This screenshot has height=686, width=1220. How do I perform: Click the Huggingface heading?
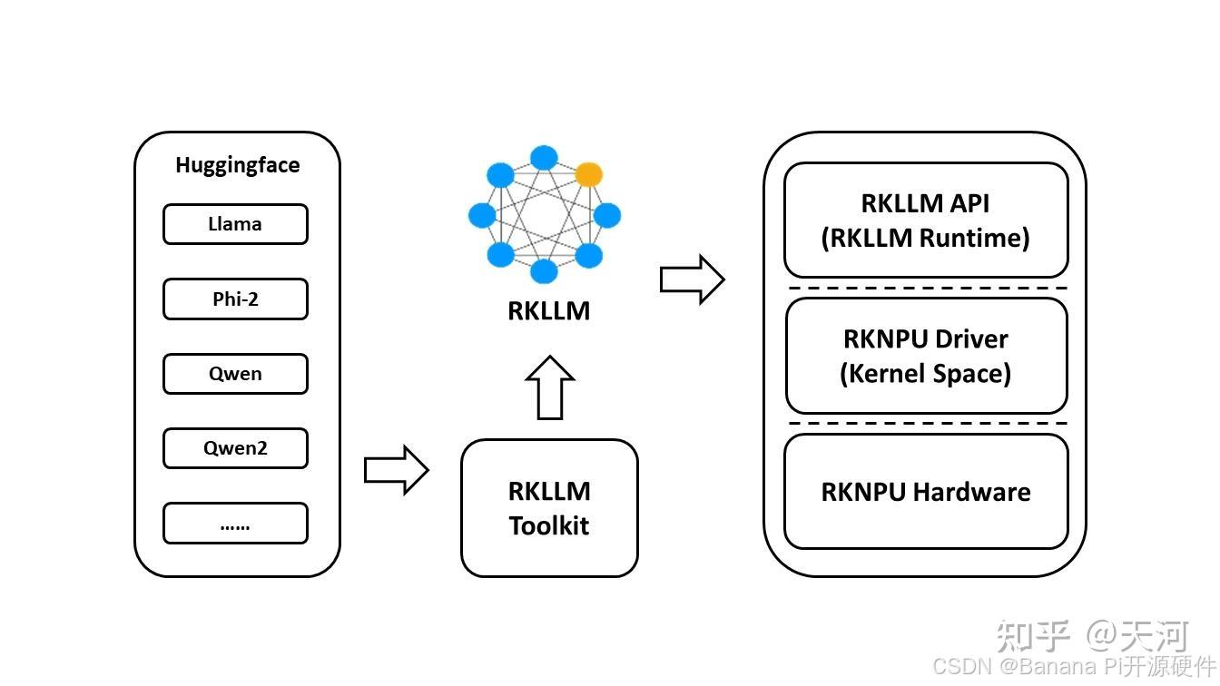[x=237, y=165]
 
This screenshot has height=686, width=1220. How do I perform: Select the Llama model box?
[x=235, y=224]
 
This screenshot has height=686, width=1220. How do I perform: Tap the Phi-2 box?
[x=235, y=299]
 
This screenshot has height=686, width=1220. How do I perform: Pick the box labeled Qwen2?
[x=235, y=448]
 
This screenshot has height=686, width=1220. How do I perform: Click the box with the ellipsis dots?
[x=235, y=524]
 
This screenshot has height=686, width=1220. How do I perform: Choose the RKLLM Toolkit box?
[x=549, y=508]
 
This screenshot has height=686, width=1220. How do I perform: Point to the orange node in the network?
[x=588, y=174]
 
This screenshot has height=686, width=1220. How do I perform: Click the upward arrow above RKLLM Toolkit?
[x=550, y=387]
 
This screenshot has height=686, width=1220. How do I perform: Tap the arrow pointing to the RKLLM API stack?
[x=692, y=279]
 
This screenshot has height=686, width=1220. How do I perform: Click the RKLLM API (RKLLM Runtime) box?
[x=925, y=220]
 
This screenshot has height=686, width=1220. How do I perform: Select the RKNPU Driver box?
[x=925, y=356]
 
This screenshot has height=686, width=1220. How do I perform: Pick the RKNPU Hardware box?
[x=925, y=492]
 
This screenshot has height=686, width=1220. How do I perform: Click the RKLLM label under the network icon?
[x=548, y=311]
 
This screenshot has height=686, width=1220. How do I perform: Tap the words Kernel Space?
[x=925, y=373]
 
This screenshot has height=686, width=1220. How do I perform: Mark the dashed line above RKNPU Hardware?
[x=925, y=424]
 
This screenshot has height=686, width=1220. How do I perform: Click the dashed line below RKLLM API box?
[x=925, y=289]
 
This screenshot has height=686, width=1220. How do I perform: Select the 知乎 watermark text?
[x=1033, y=636]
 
